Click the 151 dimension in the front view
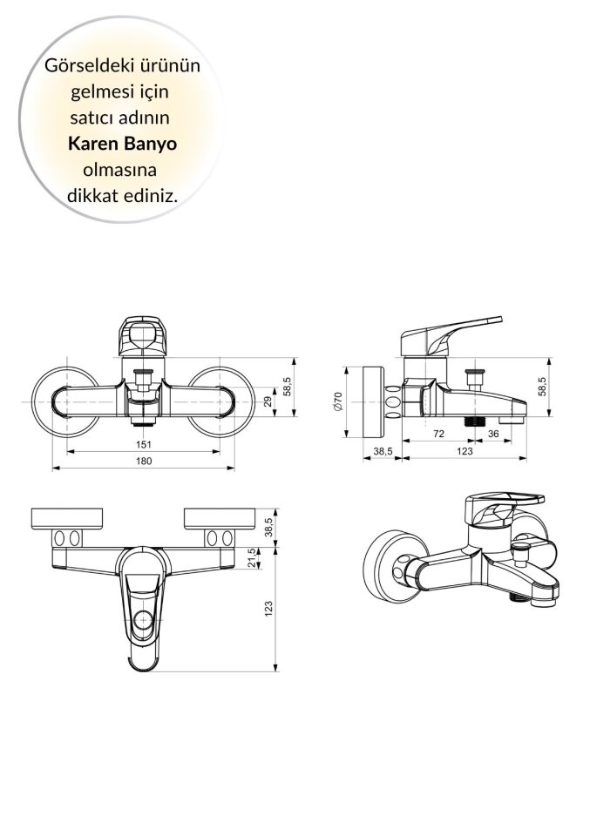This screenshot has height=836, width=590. coord(143,444)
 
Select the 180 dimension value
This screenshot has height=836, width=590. coord(143,461)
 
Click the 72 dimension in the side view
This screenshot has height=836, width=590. coord(438,433)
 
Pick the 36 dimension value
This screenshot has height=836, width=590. coord(493,433)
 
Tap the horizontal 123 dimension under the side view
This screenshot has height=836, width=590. coord(465,450)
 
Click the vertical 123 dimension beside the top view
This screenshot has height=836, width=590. coord(268,609)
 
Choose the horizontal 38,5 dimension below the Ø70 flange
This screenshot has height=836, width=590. coord(382,450)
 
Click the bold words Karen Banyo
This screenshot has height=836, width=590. coord(122,143)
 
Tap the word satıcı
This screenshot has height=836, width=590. coord(90,117)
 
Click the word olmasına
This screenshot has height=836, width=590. coord(122,169)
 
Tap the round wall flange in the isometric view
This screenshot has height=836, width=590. coord(388,567)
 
